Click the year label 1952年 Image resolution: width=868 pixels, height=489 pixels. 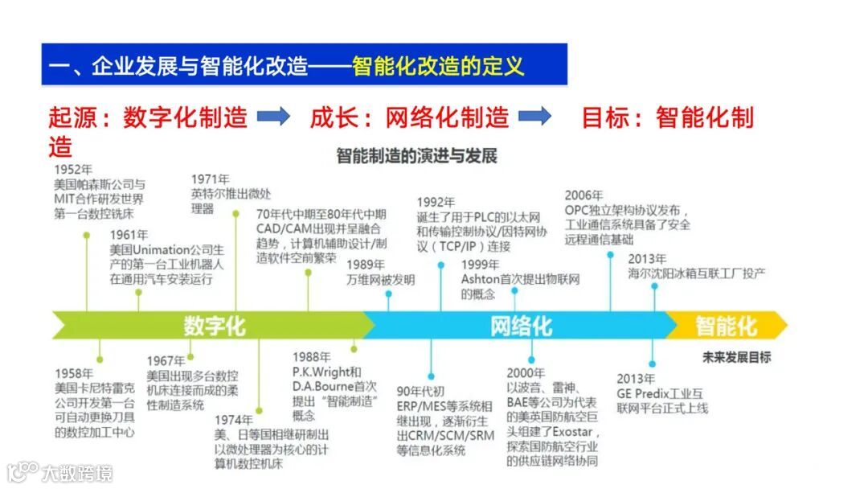(x=73, y=170)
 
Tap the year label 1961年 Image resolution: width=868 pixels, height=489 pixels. (x=129, y=234)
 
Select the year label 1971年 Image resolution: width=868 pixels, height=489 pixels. (x=210, y=179)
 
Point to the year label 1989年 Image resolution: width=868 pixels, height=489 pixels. (x=366, y=264)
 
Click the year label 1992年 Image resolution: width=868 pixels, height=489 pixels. (x=436, y=202)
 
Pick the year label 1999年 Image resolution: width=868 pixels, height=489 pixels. (x=481, y=264)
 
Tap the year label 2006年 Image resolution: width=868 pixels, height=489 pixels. (x=583, y=195)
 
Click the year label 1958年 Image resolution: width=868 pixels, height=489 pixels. (x=73, y=374)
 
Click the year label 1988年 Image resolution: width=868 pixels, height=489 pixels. (x=311, y=357)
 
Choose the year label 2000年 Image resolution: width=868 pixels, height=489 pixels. (x=526, y=373)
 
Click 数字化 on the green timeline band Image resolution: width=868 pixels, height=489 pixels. (x=215, y=326)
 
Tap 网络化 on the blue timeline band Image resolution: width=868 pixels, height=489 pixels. (x=521, y=326)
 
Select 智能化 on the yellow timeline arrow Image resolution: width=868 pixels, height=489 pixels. (x=726, y=326)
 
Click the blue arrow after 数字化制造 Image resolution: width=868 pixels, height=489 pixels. (x=273, y=117)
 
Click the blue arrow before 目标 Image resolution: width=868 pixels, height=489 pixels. (x=534, y=117)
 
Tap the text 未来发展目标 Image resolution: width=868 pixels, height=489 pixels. (x=736, y=357)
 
